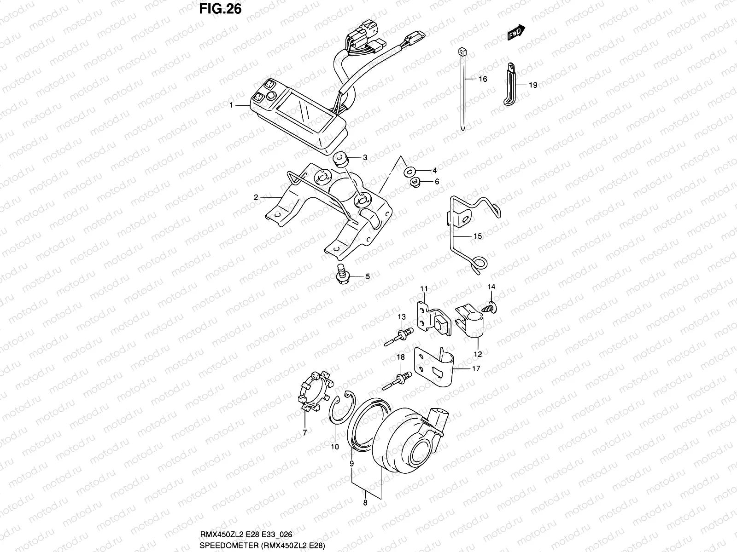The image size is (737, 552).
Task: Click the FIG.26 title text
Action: tap(220, 9)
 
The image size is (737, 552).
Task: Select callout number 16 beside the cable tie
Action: tap(482, 79)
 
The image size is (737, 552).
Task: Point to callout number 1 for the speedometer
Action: tap(231, 105)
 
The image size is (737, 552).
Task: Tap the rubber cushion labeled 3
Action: tap(341, 160)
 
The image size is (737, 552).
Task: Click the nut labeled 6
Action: tap(415, 182)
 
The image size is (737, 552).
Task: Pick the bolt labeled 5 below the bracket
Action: tap(342, 275)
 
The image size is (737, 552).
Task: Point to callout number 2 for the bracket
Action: tap(256, 198)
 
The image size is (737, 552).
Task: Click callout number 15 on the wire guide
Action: tap(478, 236)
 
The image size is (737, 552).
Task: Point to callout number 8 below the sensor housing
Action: tap(365, 503)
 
